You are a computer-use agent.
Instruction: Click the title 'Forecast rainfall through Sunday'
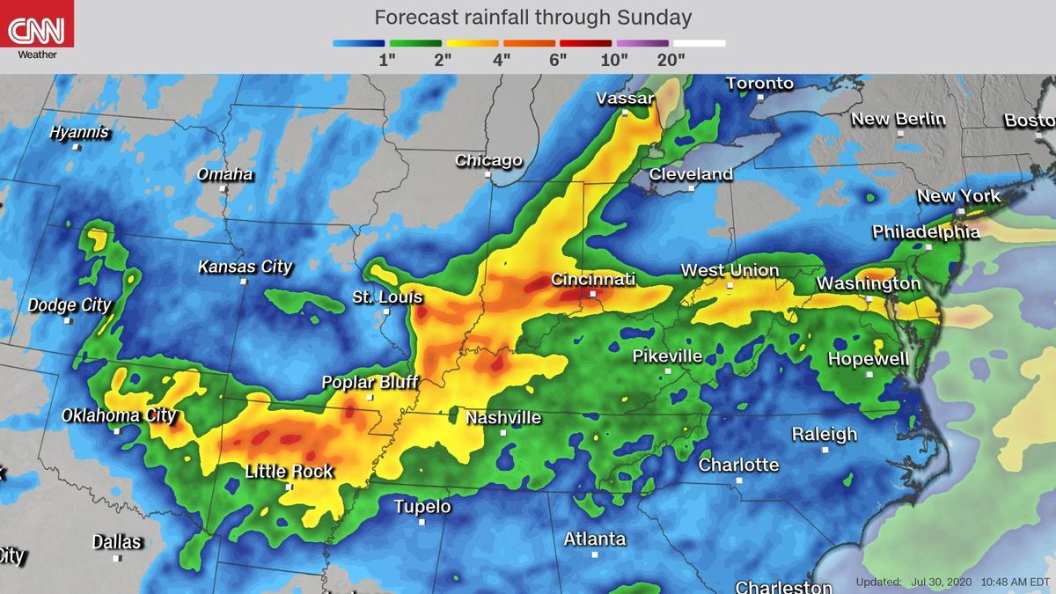[532, 18]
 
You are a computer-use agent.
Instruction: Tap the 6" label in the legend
[557, 60]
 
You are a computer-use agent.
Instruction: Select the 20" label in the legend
[671, 60]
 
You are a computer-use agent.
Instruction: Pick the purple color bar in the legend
[643, 43]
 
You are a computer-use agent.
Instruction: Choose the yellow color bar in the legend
[473, 43]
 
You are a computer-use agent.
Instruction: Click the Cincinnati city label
[592, 280]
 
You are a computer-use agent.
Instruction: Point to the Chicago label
[488, 161]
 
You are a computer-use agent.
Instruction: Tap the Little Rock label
[289, 472]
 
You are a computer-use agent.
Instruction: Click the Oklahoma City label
[119, 415]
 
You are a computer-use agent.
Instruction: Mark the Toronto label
[759, 84]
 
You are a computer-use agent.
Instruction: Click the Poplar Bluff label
[370, 383]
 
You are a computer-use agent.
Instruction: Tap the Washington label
[869, 283]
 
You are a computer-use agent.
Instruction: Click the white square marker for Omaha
[224, 188]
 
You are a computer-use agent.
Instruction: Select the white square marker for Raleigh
[825, 450]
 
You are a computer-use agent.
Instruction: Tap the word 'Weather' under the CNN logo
[37, 55]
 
